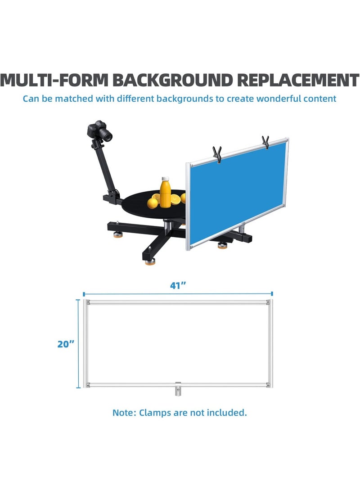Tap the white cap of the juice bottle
166,179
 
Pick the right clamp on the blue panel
265,142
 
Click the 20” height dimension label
66,344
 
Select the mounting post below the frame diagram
178,389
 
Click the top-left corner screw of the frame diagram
88,303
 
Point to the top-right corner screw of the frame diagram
268,302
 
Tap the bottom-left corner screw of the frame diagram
88,385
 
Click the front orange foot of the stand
150,262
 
